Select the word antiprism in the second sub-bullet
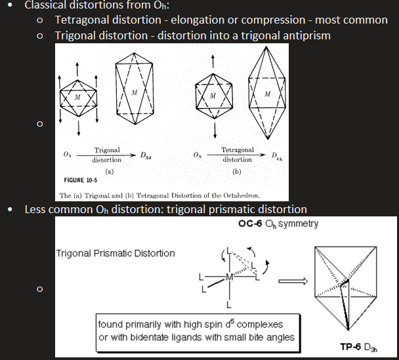[x=306, y=35]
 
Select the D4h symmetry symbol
[x=277, y=157]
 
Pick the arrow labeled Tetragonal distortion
[x=237, y=155]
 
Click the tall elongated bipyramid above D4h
[x=266, y=95]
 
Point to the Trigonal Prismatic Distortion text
[x=115, y=253]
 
